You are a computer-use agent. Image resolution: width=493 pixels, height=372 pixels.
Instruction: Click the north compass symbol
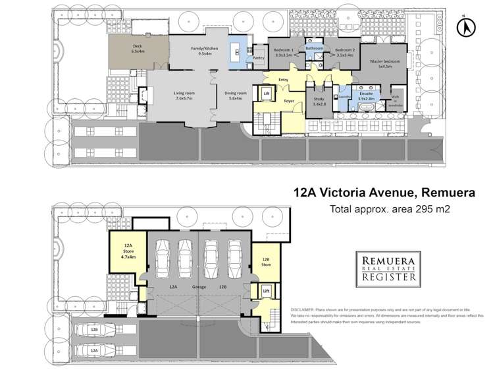pos(467,27)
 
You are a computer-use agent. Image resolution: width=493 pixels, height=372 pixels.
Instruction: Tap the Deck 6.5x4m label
pos(138,48)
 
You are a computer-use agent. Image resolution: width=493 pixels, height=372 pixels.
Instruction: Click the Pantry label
pos(258,58)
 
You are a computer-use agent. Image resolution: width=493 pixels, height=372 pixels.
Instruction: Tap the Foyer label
pos(288,101)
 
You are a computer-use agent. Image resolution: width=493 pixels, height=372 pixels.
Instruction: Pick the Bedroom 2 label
pos(344,53)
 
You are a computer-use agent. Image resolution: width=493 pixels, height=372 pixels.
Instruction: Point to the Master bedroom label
pos(384,64)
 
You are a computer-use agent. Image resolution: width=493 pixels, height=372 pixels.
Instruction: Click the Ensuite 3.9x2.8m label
pos(367,98)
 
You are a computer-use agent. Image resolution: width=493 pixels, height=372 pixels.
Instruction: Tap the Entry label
pos(284,80)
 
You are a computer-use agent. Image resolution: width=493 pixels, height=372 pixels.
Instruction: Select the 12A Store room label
pos(128,251)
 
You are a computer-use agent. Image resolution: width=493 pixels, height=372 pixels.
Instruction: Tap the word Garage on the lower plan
pos(198,288)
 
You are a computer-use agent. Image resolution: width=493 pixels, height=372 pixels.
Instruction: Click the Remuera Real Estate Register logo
pos(386,268)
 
